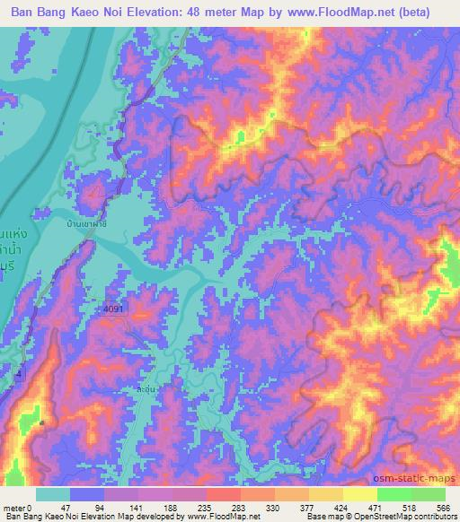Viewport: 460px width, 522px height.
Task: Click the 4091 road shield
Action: (x=115, y=308)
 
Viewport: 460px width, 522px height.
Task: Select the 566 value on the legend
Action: (x=442, y=507)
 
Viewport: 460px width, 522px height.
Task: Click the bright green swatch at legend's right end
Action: (x=428, y=494)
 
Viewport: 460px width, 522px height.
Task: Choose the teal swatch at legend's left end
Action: (x=53, y=494)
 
